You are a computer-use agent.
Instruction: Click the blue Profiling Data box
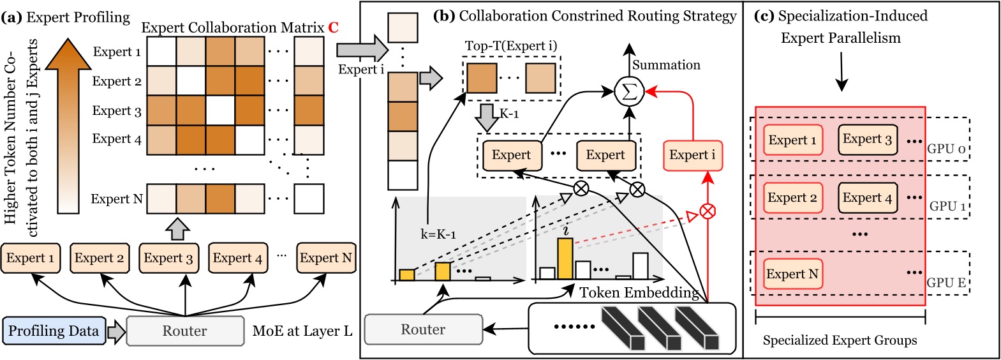[x=54, y=331]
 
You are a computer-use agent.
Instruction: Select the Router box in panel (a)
[x=185, y=331]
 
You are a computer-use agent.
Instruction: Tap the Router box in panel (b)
[x=423, y=329]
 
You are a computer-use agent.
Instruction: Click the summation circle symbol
[x=629, y=92]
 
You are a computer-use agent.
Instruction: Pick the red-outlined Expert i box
[x=692, y=155]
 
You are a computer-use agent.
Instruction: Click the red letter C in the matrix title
[x=333, y=27]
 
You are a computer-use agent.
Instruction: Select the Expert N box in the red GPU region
[x=792, y=274]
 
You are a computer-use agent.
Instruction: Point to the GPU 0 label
[x=946, y=149]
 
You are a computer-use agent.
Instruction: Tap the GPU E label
[x=946, y=282]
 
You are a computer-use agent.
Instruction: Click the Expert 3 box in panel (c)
[x=867, y=139]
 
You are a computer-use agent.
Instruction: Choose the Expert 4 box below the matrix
[x=237, y=258]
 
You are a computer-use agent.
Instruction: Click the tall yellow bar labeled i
[x=565, y=259]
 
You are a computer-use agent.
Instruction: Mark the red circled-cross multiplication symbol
[x=708, y=211]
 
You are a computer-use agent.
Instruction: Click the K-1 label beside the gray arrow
[x=508, y=114]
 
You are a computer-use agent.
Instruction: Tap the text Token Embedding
[x=639, y=292]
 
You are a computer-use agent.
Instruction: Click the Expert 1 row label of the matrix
[x=117, y=52]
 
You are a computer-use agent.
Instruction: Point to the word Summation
[x=666, y=65]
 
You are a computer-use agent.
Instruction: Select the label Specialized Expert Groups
[x=840, y=340]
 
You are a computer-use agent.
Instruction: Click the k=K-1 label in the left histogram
[x=438, y=234]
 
